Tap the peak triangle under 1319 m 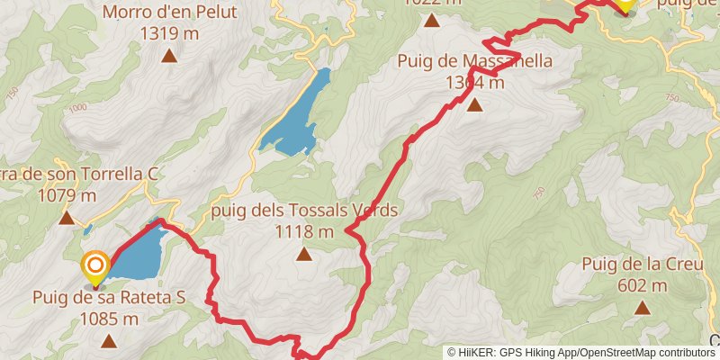[168, 56]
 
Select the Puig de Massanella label [474, 62]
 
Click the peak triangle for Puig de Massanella [474, 105]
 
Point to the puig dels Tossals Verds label [303, 211]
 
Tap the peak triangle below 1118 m [304, 255]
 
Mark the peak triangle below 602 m [642, 309]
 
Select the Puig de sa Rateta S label [109, 297]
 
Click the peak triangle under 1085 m [109, 340]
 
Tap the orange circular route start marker [95, 265]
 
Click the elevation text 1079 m [67, 194]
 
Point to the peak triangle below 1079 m [67, 218]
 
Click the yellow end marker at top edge [624, 4]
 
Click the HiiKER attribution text [580, 353]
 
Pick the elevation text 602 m [642, 286]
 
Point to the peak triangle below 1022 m [433, 20]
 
